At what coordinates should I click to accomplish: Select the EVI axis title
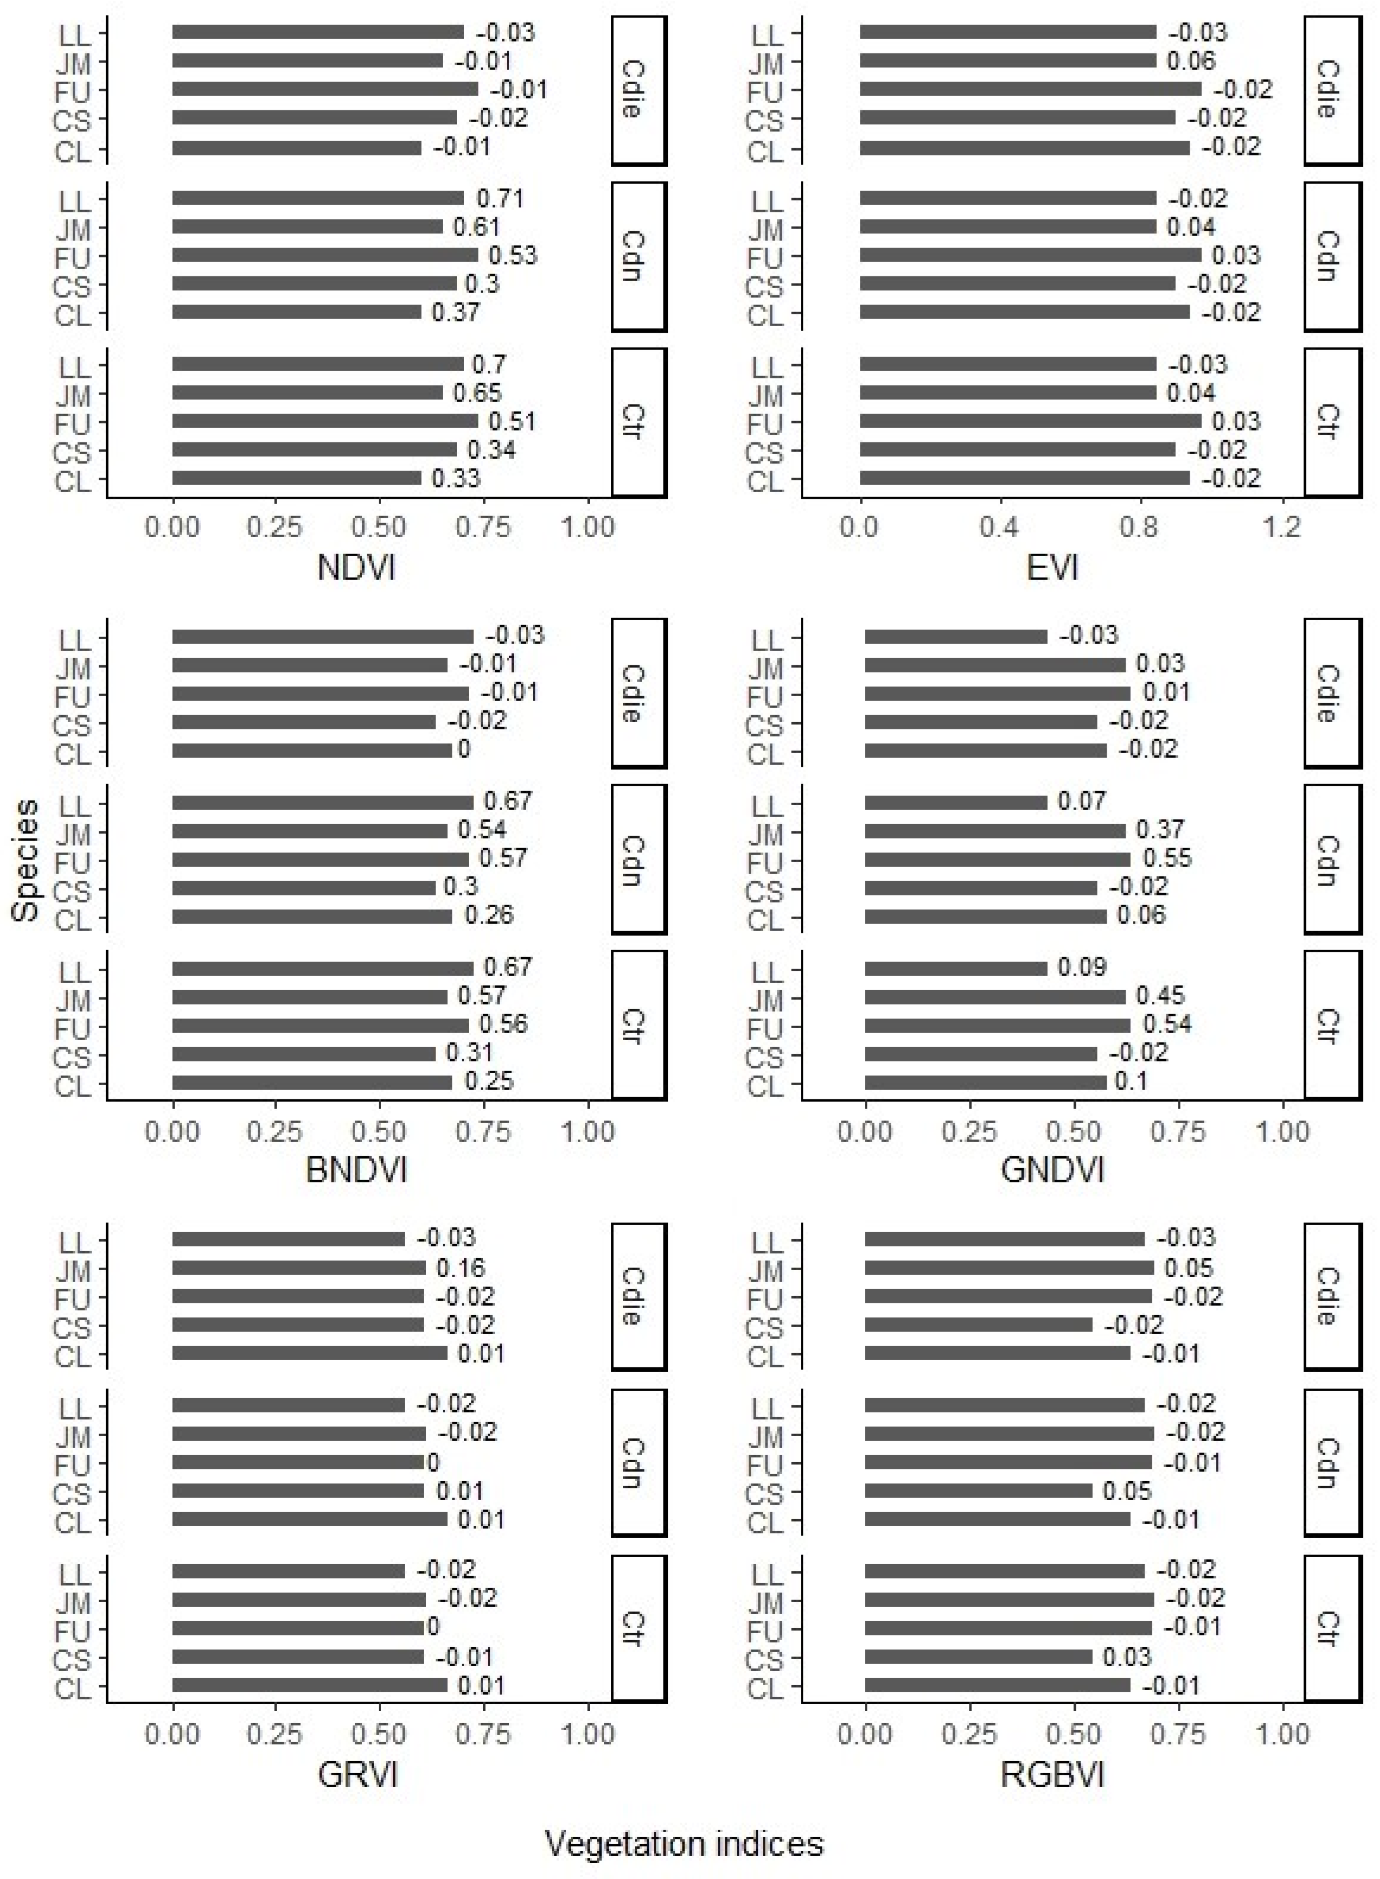tap(1052, 568)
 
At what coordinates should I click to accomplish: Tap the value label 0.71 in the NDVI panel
tap(500, 199)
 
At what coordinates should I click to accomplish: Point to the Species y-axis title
tap(26, 860)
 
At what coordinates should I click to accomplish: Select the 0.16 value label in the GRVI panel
tap(460, 1268)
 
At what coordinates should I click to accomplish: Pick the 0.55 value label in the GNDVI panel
tap(1167, 858)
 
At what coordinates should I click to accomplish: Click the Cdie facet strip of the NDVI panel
tap(638, 90)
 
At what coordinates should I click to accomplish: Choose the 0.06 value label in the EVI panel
tap(1192, 61)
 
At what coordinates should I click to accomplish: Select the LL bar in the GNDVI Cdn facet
tap(956, 803)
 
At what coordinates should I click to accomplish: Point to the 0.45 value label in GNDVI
tap(1160, 996)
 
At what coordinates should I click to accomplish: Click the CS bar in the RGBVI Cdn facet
tap(978, 1491)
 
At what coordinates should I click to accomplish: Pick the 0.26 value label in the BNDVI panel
tap(488, 915)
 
